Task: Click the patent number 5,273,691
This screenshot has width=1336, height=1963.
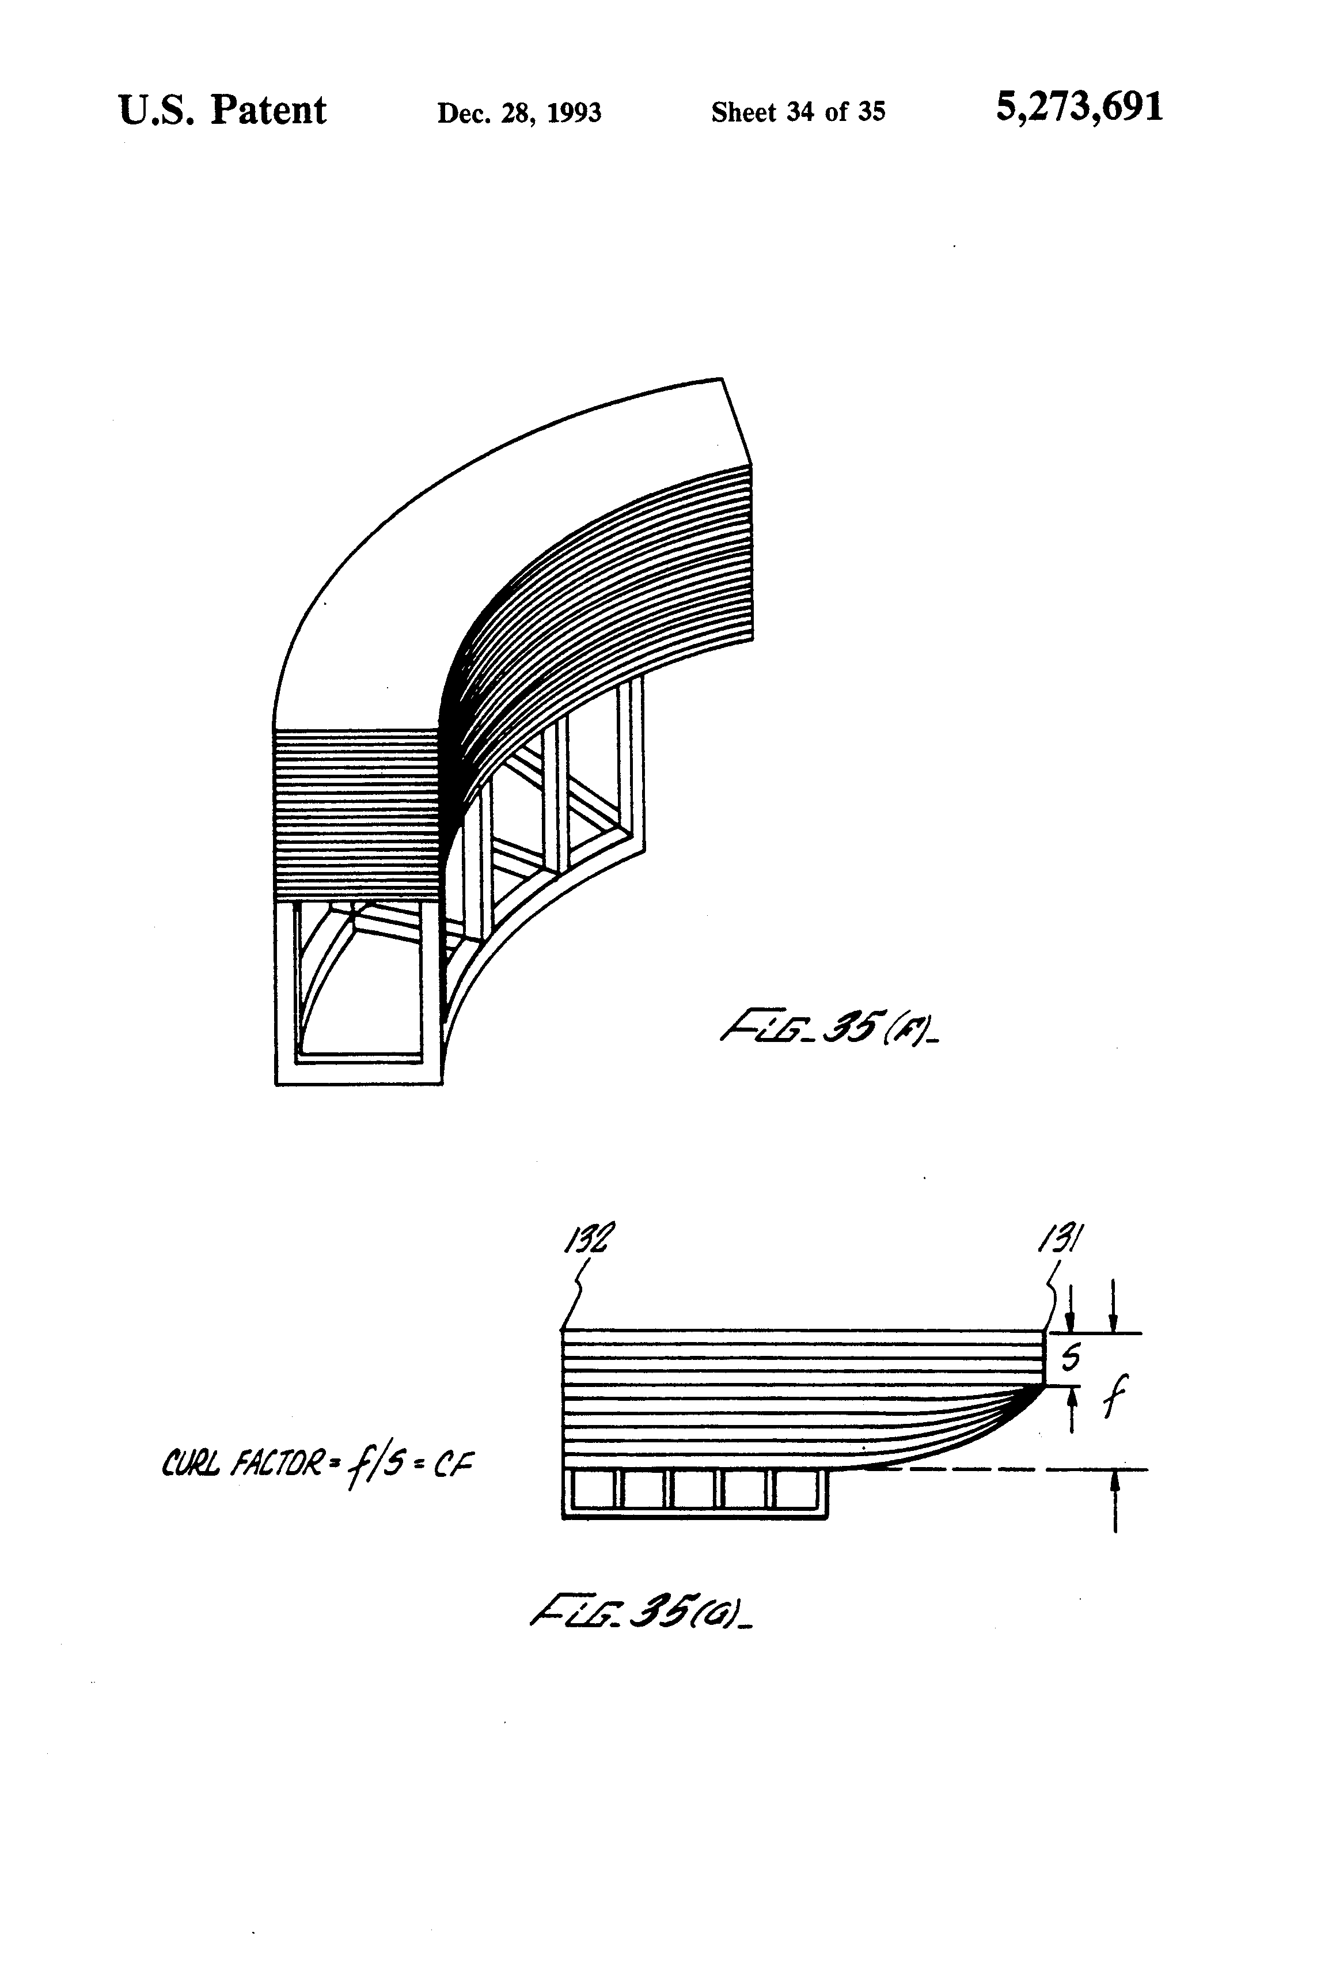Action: pos(1079,108)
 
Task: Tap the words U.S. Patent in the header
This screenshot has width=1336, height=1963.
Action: pos(222,111)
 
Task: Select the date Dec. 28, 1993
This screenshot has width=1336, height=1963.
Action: pos(518,112)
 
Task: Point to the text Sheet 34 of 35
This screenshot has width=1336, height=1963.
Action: pos(798,112)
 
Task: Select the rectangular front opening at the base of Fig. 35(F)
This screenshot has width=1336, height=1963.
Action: pos(358,980)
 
